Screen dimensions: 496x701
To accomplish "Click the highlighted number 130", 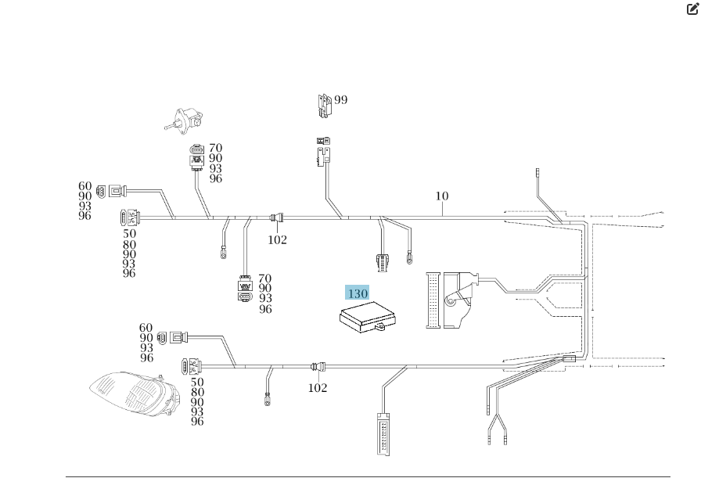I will tap(357, 294).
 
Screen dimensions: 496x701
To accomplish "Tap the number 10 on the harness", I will tap(442, 196).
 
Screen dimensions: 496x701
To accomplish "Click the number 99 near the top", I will tap(340, 100).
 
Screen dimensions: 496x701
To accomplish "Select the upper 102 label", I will tap(277, 240).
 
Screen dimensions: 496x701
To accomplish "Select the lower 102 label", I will tap(317, 388).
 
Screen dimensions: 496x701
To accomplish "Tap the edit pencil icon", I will tap(692, 9).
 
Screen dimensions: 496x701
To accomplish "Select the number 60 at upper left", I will tap(84, 186).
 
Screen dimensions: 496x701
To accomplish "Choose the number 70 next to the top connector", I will tap(215, 148).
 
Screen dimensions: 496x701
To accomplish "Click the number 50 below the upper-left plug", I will tap(129, 234).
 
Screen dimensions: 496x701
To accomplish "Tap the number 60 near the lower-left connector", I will tap(146, 328).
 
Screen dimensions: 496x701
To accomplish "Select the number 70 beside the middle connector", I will tap(265, 279).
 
